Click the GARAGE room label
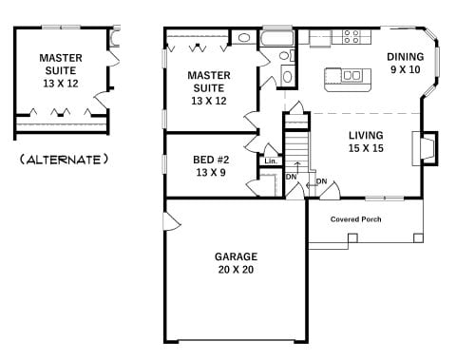point(236,256)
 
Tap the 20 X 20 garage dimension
point(236,270)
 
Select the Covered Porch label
point(355,219)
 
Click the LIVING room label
point(366,135)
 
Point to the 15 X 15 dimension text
point(366,148)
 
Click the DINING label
point(406,57)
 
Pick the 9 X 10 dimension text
point(406,69)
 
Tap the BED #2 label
point(211,160)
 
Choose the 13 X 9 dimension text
point(211,172)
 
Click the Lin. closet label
point(271,161)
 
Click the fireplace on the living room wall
point(425,148)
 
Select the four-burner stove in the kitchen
point(351,36)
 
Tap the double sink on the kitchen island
point(351,76)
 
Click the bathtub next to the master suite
point(277,38)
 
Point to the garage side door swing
point(172,220)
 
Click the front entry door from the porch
point(331,192)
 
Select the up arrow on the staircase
point(297,168)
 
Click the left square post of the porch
point(352,237)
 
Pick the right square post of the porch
point(418,237)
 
